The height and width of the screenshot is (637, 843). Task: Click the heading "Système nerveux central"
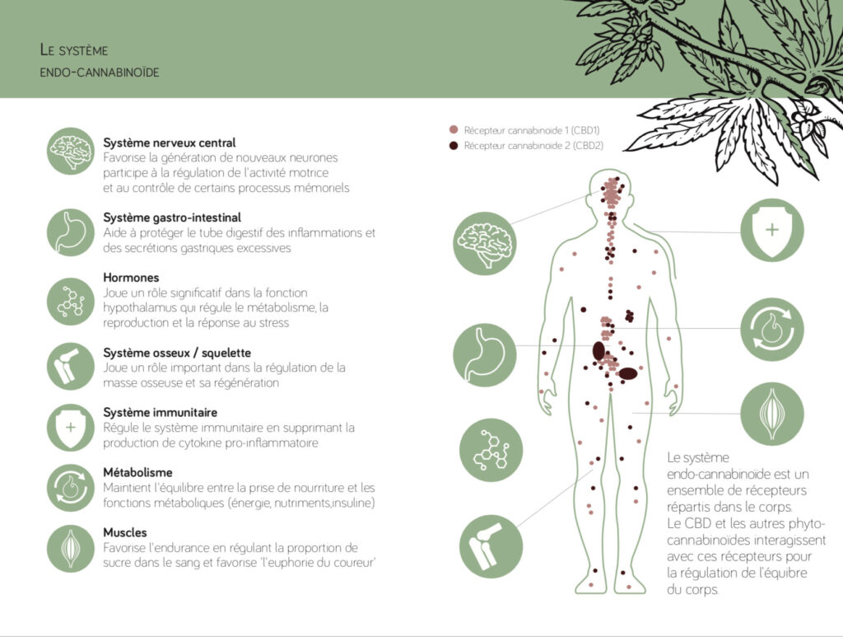(170, 143)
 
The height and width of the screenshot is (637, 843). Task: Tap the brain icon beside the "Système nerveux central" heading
(71, 151)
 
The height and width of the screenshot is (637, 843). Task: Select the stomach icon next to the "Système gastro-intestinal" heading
(71, 232)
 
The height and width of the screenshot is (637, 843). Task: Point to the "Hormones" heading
(131, 278)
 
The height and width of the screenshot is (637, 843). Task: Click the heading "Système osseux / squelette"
(177, 353)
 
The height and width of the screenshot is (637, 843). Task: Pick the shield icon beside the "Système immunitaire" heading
(71, 428)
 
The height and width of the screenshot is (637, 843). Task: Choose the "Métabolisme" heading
(137, 472)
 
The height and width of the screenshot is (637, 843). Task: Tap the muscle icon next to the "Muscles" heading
(71, 548)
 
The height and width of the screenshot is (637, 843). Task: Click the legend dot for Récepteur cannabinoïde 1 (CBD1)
(454, 129)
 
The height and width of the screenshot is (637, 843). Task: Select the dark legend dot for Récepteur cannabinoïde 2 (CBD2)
(454, 145)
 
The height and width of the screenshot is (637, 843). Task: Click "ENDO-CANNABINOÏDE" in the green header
(100, 73)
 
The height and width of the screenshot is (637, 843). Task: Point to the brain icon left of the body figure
(485, 244)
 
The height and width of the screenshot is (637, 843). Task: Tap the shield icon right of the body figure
(772, 230)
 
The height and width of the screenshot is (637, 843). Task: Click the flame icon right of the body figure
(772, 330)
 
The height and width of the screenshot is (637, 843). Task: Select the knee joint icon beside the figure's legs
(491, 546)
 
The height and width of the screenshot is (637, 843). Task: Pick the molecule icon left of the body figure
(491, 450)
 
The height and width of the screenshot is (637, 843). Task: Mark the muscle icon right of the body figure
(772, 414)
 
